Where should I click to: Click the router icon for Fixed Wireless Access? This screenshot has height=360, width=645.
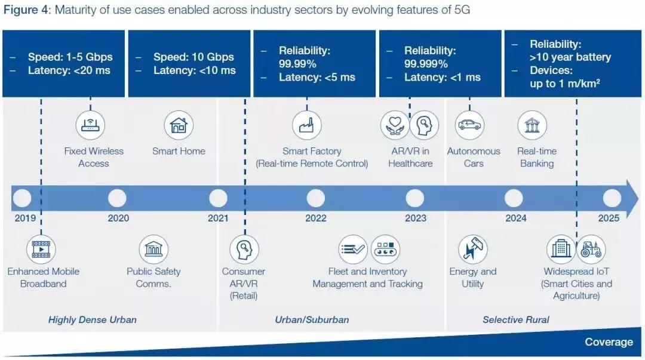coord(91,125)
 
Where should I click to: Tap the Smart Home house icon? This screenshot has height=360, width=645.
coord(179,125)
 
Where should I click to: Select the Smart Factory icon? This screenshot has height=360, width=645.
coord(307,125)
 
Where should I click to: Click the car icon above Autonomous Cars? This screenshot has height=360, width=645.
coord(469,125)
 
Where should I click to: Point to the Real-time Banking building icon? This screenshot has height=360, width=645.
coord(532,125)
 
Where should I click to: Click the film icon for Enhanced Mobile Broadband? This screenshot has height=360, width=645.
coord(41,250)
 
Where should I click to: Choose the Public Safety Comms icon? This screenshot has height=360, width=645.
coord(153,250)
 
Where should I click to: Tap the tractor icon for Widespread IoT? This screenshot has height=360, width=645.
coord(591,250)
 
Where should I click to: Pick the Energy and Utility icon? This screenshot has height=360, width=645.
coord(473,250)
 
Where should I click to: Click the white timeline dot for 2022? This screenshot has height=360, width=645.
coord(315,198)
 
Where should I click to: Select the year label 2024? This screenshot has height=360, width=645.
coord(516,218)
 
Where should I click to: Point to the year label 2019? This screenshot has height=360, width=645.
coord(25,218)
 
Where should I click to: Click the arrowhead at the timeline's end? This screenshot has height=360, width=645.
coord(632,198)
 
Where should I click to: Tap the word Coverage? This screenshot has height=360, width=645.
coord(609,342)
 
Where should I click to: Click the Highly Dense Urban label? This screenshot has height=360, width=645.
coord(92,319)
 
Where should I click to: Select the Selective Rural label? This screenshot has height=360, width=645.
coord(516,319)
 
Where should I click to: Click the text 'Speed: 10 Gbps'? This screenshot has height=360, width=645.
coord(193,57)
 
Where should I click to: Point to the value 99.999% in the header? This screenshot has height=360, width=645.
coord(426,64)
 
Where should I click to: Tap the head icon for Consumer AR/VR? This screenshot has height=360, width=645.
coord(244,250)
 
